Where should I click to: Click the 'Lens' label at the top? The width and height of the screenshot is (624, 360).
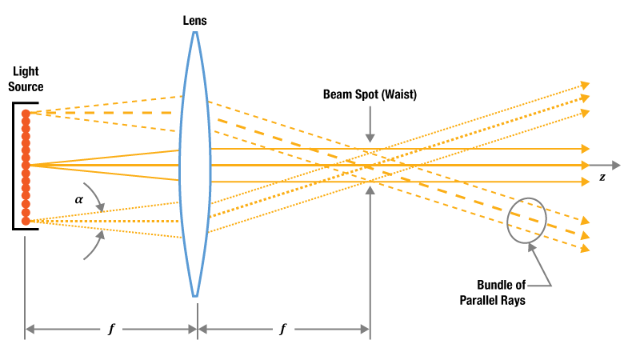point(194,21)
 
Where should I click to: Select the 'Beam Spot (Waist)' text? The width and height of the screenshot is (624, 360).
point(370,94)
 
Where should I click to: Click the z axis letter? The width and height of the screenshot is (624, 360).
point(602,178)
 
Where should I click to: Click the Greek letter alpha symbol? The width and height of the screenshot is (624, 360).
point(78,195)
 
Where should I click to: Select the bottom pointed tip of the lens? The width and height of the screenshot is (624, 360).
point(194,296)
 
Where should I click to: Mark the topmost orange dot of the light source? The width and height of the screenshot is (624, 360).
point(26,114)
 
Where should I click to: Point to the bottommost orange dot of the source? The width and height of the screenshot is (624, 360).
point(26,220)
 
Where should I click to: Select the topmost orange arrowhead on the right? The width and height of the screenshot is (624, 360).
point(585,83)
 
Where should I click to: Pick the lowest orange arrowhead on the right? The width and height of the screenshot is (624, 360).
point(585,250)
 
